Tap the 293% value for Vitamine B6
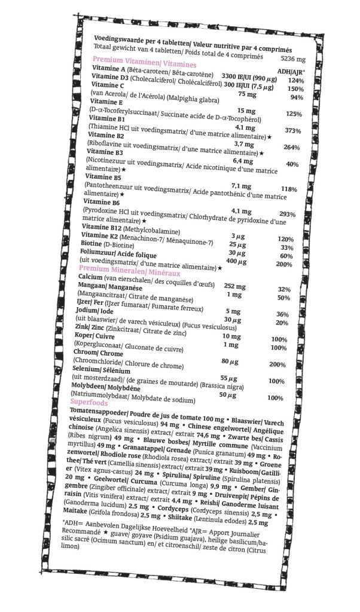point(288,214)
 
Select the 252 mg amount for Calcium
point(235,286)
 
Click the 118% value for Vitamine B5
point(289,189)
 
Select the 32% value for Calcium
point(284,289)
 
